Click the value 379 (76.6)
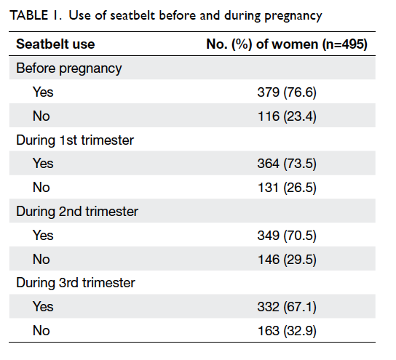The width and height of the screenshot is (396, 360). tap(287, 92)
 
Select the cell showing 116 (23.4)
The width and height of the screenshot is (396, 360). tap(287, 116)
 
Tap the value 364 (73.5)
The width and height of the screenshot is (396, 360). tap(287, 164)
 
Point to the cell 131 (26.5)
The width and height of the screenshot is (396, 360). tap(287, 188)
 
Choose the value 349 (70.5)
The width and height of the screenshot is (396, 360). tap(287, 236)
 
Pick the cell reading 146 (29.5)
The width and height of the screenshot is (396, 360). tap(287, 260)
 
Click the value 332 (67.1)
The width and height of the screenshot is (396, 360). tap(287, 307)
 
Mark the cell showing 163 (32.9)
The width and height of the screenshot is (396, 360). tap(287, 331)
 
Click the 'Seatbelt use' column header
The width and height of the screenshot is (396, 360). tap(55, 44)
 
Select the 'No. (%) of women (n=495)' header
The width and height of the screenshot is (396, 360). tap(287, 44)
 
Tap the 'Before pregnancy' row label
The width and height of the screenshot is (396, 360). tap(69, 68)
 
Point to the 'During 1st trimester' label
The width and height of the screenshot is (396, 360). tap(75, 140)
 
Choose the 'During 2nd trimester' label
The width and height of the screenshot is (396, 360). tap(77, 212)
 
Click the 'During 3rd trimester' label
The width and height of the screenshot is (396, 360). tap(76, 283)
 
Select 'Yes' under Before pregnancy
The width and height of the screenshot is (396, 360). tap(43, 92)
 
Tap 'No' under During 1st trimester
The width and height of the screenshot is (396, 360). tap(41, 188)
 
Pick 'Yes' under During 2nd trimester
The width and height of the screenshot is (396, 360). tap(43, 236)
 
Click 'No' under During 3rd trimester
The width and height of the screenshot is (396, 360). tap(41, 331)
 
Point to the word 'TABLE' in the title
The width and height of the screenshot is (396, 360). tap(29, 15)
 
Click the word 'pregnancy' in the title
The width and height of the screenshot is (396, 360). tap(293, 17)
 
